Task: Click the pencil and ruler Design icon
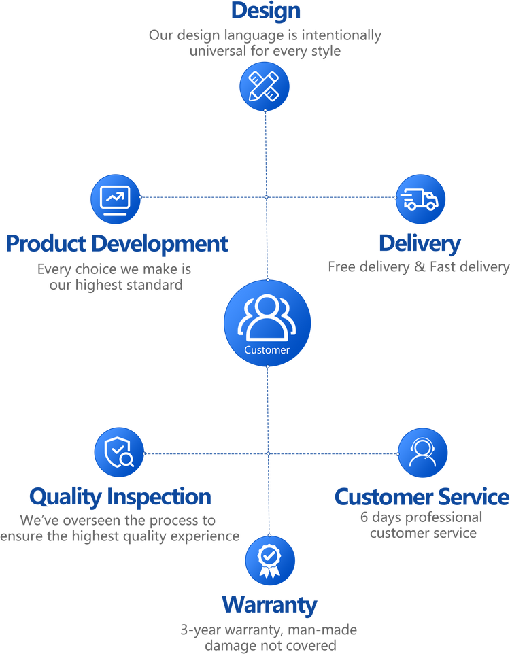coord(265,87)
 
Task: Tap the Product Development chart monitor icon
coord(116,198)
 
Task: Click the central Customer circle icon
coord(267,323)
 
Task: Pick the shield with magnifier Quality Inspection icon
coord(119,452)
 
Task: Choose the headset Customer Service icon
coord(422,453)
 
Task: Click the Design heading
coord(266,10)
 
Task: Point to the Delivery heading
coord(420,243)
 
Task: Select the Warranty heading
coord(269,604)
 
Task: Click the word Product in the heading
coord(46,243)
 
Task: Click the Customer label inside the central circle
coord(267,350)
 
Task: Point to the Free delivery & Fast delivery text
coord(418,267)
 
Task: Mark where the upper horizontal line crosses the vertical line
coord(267,197)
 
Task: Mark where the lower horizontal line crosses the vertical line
coord(268,453)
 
